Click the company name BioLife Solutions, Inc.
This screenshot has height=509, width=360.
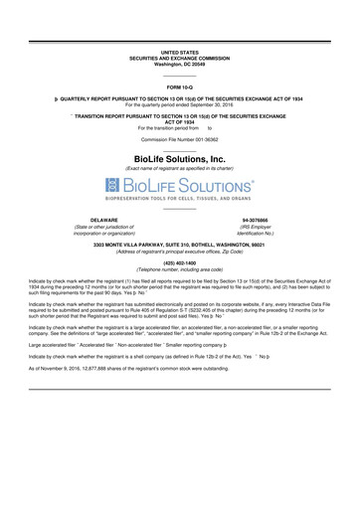180,158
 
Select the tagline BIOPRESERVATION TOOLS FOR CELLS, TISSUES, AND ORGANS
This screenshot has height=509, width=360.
180,198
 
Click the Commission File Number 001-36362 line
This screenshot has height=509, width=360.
180,142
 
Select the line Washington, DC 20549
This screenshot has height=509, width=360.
180,63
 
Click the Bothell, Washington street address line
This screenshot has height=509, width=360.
180,245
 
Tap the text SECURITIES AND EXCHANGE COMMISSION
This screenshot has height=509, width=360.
180,57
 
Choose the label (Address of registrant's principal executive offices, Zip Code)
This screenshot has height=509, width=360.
180,252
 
